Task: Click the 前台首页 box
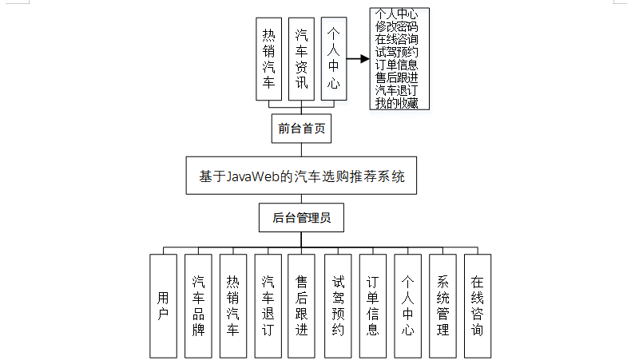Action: click(300, 128)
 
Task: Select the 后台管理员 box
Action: click(301, 217)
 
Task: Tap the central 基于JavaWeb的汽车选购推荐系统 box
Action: click(301, 176)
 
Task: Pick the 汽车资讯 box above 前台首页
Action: click(301, 58)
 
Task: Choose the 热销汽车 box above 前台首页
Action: click(269, 58)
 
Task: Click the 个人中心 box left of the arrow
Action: click(334, 58)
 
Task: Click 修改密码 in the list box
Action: click(396, 26)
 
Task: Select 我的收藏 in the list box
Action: click(396, 103)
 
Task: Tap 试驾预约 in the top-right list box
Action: click(396, 52)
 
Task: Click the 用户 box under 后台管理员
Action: click(163, 306)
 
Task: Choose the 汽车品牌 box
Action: click(198, 306)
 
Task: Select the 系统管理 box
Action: click(442, 306)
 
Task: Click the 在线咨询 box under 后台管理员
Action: click(477, 306)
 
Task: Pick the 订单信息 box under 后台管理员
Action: click(372, 306)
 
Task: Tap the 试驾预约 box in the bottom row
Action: click(338, 306)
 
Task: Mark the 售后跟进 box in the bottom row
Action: click(301, 306)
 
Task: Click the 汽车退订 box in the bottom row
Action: click(268, 306)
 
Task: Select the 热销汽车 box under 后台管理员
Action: click(232, 306)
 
